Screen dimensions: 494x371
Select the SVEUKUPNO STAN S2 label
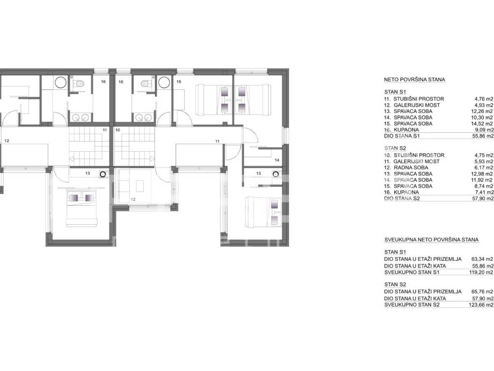(x=412, y=305)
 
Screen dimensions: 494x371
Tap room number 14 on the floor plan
(x=276, y=160)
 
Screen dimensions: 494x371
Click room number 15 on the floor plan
(x=179, y=82)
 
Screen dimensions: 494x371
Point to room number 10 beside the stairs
(x=118, y=130)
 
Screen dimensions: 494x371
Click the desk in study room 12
(x=140, y=185)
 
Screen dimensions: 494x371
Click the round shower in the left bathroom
(x=60, y=83)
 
